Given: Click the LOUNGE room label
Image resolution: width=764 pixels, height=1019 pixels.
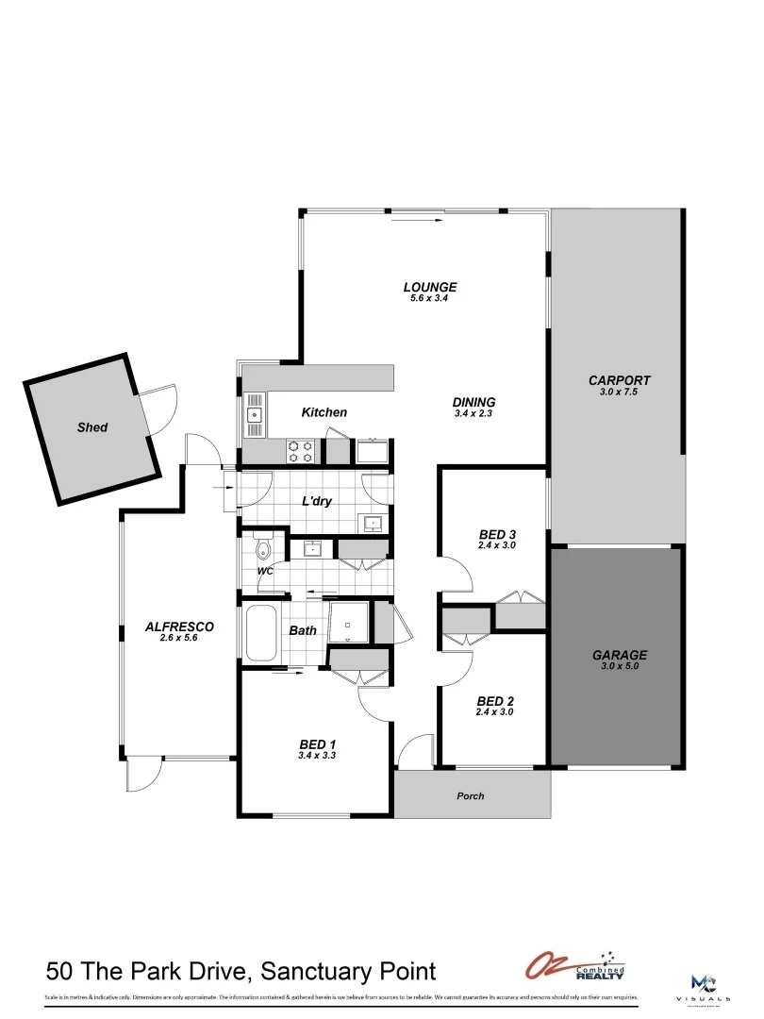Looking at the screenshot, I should pyautogui.click(x=430, y=287).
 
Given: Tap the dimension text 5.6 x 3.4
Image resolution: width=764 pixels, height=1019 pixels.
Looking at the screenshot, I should pyautogui.click(x=430, y=298).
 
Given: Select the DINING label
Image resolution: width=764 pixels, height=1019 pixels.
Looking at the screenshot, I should pyautogui.click(x=474, y=401).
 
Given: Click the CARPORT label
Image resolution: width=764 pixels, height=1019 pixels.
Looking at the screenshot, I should pyautogui.click(x=619, y=380).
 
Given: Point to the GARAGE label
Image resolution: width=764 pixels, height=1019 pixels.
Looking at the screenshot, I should pyautogui.click(x=619, y=654).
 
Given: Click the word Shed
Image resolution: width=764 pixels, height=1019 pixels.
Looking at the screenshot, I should pyautogui.click(x=92, y=427).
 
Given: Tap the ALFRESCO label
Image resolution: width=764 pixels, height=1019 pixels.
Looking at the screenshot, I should pyautogui.click(x=179, y=626).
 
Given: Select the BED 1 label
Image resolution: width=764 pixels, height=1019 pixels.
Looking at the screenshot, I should pyautogui.click(x=317, y=743).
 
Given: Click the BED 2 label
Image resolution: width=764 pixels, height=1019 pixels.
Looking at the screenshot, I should pyautogui.click(x=495, y=701).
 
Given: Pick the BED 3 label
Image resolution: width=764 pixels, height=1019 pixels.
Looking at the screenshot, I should pyautogui.click(x=497, y=534).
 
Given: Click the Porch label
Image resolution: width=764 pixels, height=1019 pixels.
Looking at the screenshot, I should pyautogui.click(x=470, y=796).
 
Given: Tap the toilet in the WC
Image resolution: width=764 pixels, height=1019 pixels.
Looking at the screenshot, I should pyautogui.click(x=261, y=547).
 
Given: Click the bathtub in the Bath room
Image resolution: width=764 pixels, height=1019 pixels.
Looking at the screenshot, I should pyautogui.click(x=261, y=633).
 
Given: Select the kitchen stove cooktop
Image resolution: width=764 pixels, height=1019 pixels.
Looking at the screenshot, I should pyautogui.click(x=301, y=450).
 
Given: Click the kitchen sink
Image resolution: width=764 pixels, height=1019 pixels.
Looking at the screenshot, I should pyautogui.click(x=255, y=414).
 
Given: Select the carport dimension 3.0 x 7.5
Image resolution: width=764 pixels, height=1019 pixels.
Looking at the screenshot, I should pyautogui.click(x=619, y=392).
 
